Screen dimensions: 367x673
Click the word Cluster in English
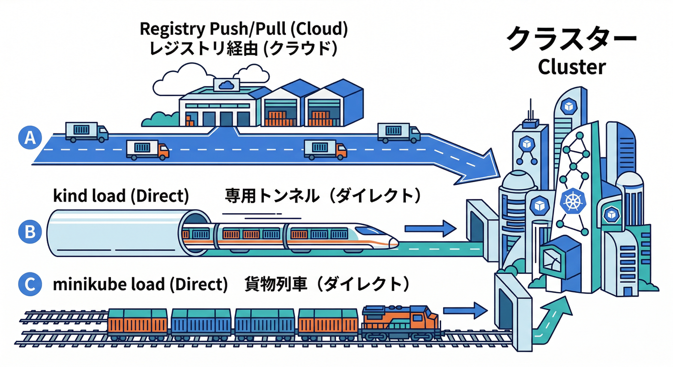[x=572, y=67]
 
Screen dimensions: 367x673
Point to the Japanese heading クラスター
[x=572, y=39]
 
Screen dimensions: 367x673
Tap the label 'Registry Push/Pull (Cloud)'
[x=243, y=29]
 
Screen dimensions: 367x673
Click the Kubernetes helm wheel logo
[x=572, y=201]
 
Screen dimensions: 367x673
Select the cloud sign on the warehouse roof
[x=225, y=85]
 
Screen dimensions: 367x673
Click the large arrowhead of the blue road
[x=483, y=164]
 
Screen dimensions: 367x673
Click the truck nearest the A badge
[x=86, y=132]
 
